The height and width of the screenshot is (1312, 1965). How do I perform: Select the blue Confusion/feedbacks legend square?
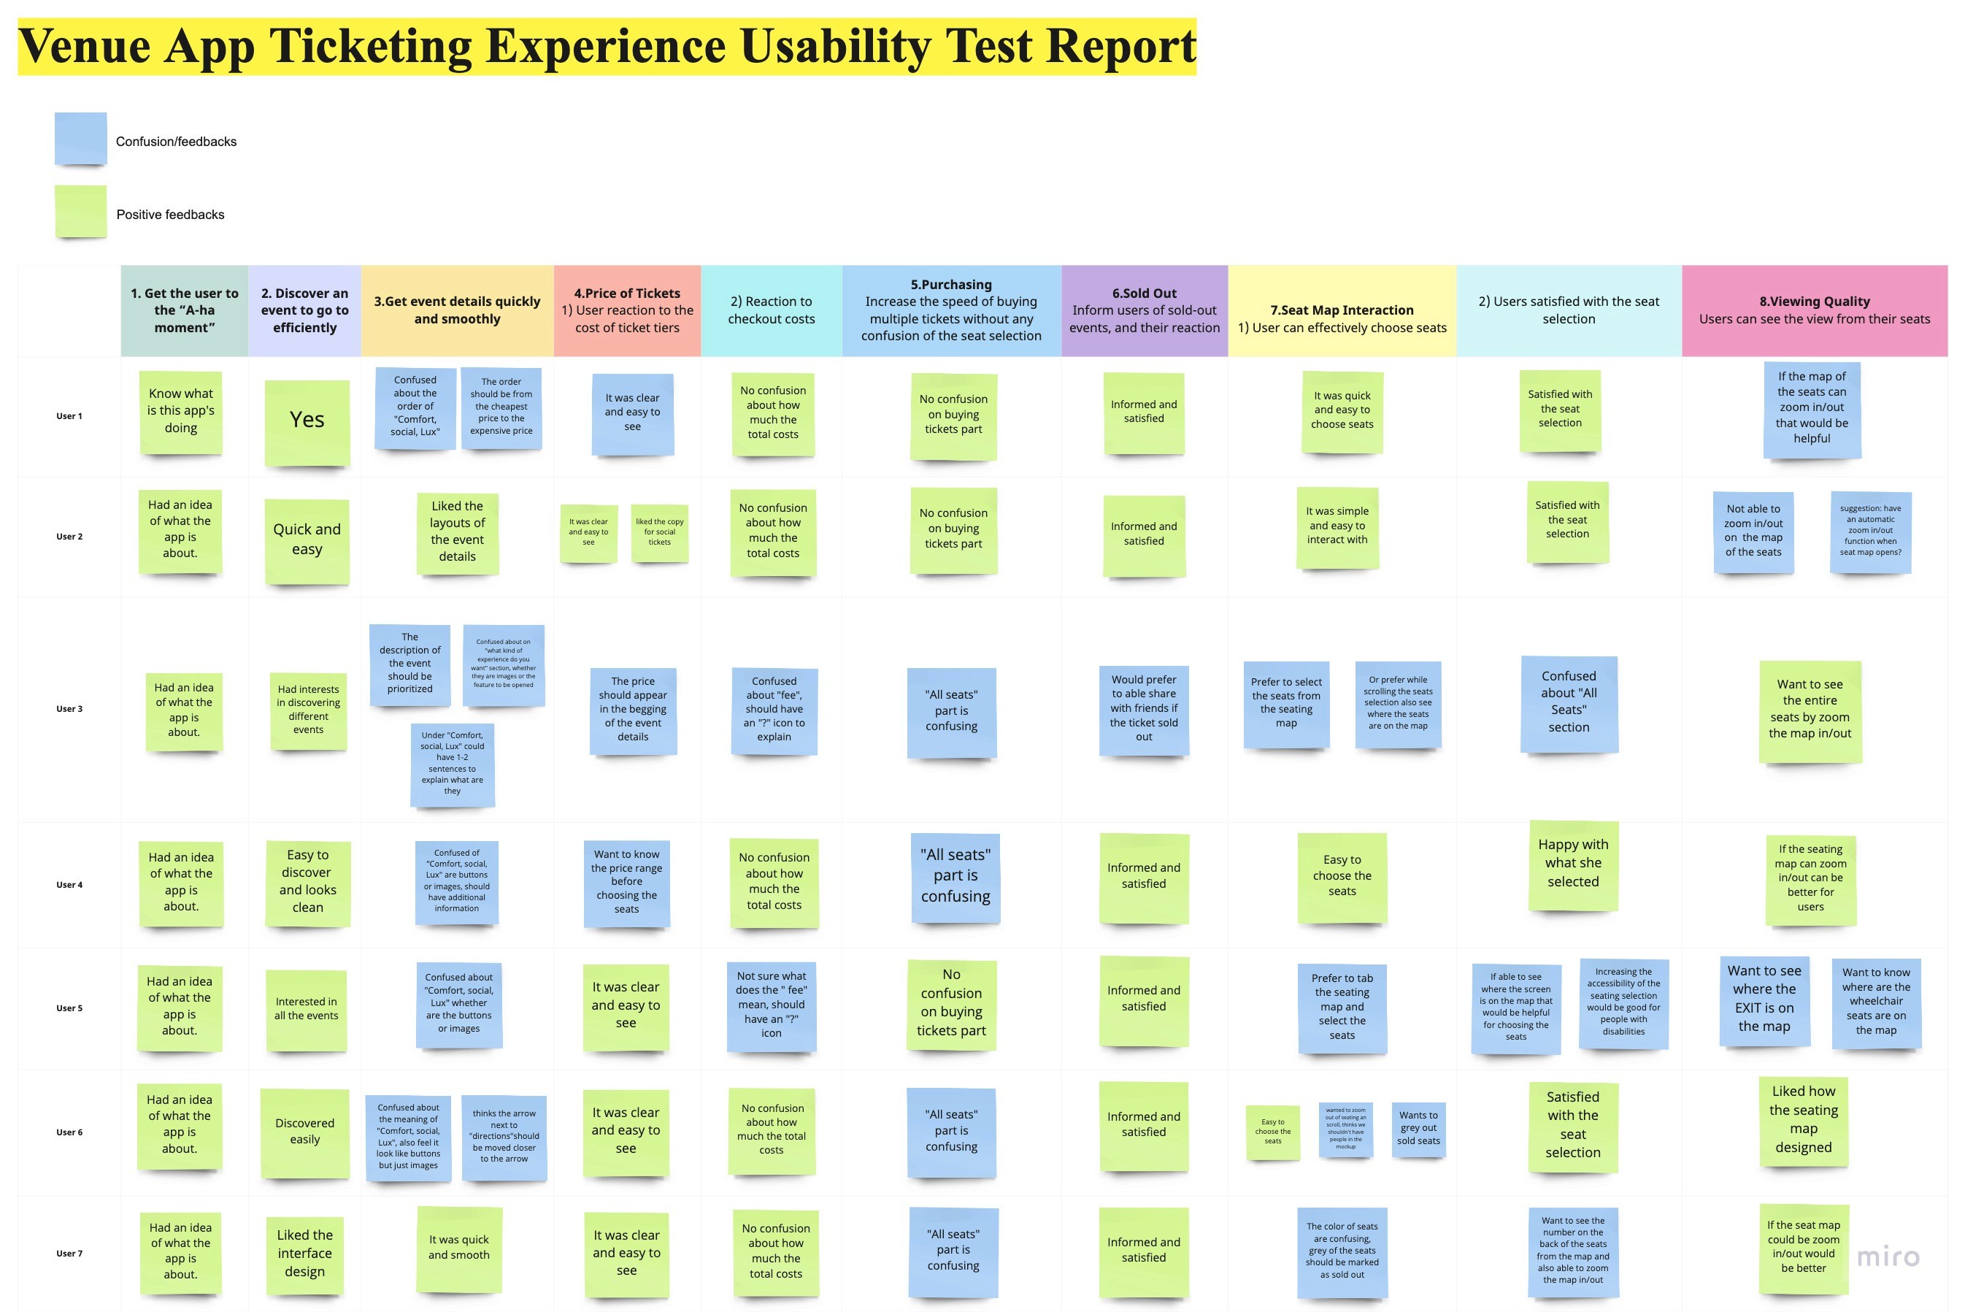click(80, 139)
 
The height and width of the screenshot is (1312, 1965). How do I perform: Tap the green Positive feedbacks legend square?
click(80, 212)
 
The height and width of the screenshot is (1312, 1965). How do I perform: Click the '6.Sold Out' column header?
click(1144, 310)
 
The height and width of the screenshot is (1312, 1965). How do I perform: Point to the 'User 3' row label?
click(69, 709)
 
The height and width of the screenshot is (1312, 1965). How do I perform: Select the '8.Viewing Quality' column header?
click(1814, 310)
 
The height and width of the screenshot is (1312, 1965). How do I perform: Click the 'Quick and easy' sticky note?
click(307, 540)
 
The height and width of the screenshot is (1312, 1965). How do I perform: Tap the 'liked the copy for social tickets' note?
click(659, 532)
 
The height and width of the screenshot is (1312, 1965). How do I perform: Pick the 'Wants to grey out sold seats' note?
click(1418, 1128)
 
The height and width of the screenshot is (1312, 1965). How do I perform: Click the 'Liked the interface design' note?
click(304, 1254)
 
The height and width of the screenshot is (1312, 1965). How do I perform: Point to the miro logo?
click(1887, 1257)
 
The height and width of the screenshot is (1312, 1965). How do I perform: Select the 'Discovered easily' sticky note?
click(304, 1132)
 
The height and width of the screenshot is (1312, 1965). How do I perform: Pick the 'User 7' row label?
click(69, 1254)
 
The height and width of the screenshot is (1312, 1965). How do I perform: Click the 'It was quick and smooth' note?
click(458, 1248)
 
